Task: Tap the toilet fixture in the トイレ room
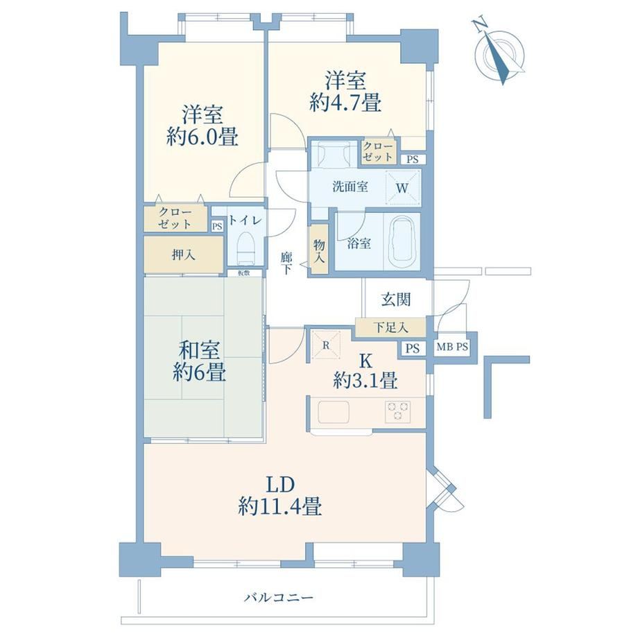(247, 248)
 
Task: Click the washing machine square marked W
(402, 187)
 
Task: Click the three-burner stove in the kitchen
(397, 411)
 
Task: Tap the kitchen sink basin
(334, 412)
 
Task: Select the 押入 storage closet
(184, 255)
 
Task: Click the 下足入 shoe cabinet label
(390, 327)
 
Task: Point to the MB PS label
(452, 347)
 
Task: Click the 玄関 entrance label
(396, 300)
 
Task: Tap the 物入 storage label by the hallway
(320, 251)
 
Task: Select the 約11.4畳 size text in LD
(280, 507)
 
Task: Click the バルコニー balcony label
(279, 598)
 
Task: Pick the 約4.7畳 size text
(345, 102)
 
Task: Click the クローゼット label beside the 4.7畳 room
(378, 151)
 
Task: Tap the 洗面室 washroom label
(350, 187)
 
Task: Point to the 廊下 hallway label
(286, 264)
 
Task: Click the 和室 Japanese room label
(200, 350)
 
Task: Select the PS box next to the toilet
(217, 226)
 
